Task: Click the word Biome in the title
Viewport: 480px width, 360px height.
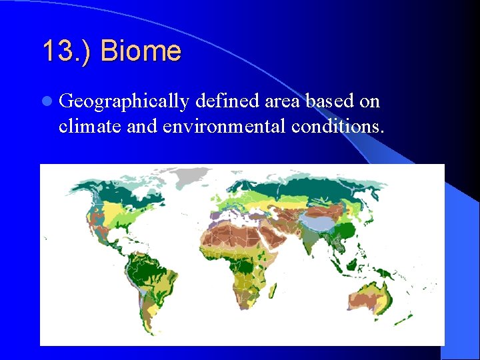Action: point(141,51)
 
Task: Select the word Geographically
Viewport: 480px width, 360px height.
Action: point(124,102)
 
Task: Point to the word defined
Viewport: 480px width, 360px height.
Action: point(226,101)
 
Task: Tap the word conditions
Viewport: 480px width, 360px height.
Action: point(337,126)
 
